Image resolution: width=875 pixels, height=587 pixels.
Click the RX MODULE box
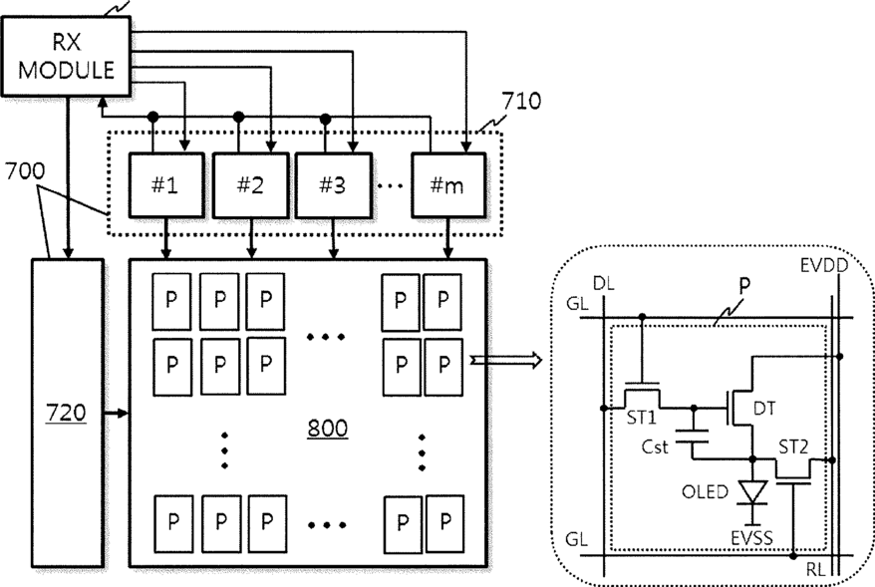coord(67,57)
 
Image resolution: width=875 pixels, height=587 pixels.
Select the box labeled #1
coord(166,184)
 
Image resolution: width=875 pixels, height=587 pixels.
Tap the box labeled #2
coord(250,184)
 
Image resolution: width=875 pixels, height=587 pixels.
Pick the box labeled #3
coord(333,184)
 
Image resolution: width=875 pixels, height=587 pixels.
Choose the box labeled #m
coord(448,184)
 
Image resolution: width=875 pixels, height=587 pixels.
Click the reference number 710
coord(521,101)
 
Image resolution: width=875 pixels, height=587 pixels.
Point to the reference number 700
coord(25,170)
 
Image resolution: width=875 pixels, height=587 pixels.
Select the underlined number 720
coord(66,414)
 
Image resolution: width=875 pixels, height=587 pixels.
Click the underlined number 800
coord(328,429)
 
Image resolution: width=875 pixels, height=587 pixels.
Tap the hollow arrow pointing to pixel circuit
coord(505,361)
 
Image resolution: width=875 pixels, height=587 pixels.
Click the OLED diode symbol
coord(752,492)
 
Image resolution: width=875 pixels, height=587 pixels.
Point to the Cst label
coord(655,446)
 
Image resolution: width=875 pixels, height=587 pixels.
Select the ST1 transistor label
coord(641,418)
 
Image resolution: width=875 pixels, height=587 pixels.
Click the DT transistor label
coord(764,409)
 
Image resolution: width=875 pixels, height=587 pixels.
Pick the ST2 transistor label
coord(793,446)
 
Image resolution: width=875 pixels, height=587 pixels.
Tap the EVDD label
coord(823,265)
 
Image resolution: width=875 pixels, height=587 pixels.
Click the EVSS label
coord(751,538)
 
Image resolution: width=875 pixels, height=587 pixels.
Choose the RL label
coord(815,570)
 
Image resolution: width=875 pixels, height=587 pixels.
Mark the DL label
coord(603,283)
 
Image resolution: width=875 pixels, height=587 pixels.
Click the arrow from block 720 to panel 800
coord(117,414)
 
